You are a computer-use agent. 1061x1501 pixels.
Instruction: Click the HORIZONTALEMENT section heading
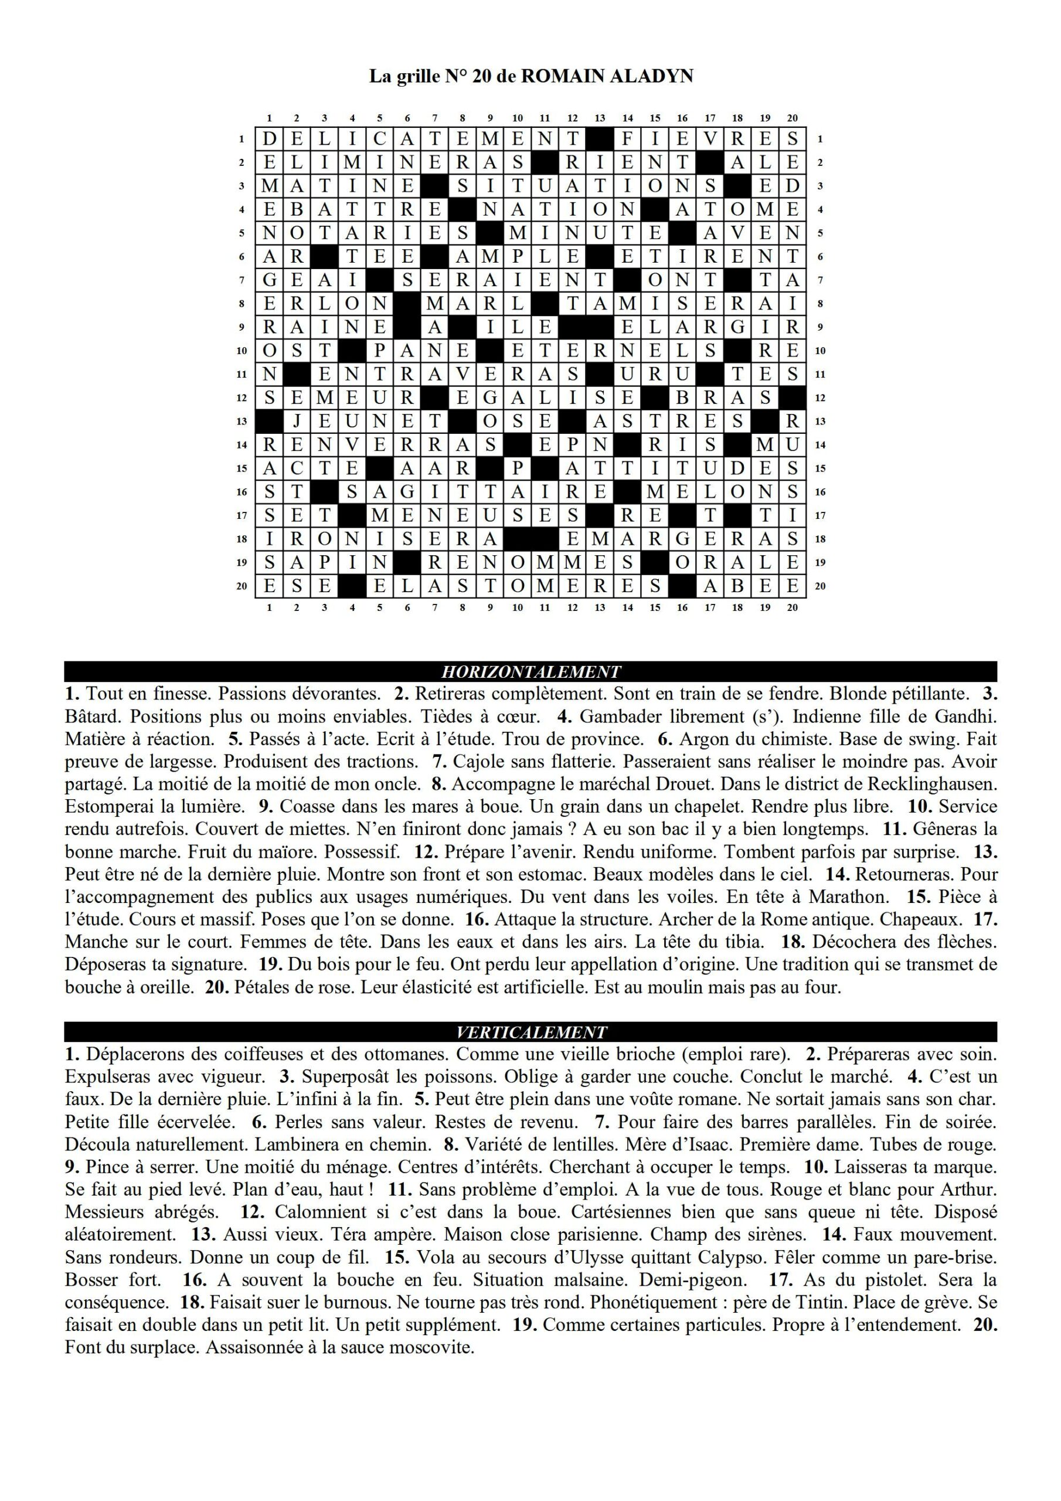coord(530,671)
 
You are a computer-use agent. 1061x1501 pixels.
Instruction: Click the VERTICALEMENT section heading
coord(530,1033)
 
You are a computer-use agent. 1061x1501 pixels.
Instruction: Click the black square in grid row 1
coord(600,138)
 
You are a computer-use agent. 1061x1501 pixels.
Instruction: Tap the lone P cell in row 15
coord(517,468)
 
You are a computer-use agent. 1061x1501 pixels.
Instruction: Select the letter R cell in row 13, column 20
coord(793,421)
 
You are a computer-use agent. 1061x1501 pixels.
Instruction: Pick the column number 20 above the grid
coord(793,118)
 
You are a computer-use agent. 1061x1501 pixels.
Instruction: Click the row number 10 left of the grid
coord(242,351)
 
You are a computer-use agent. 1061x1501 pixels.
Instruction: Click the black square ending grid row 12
coord(793,398)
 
